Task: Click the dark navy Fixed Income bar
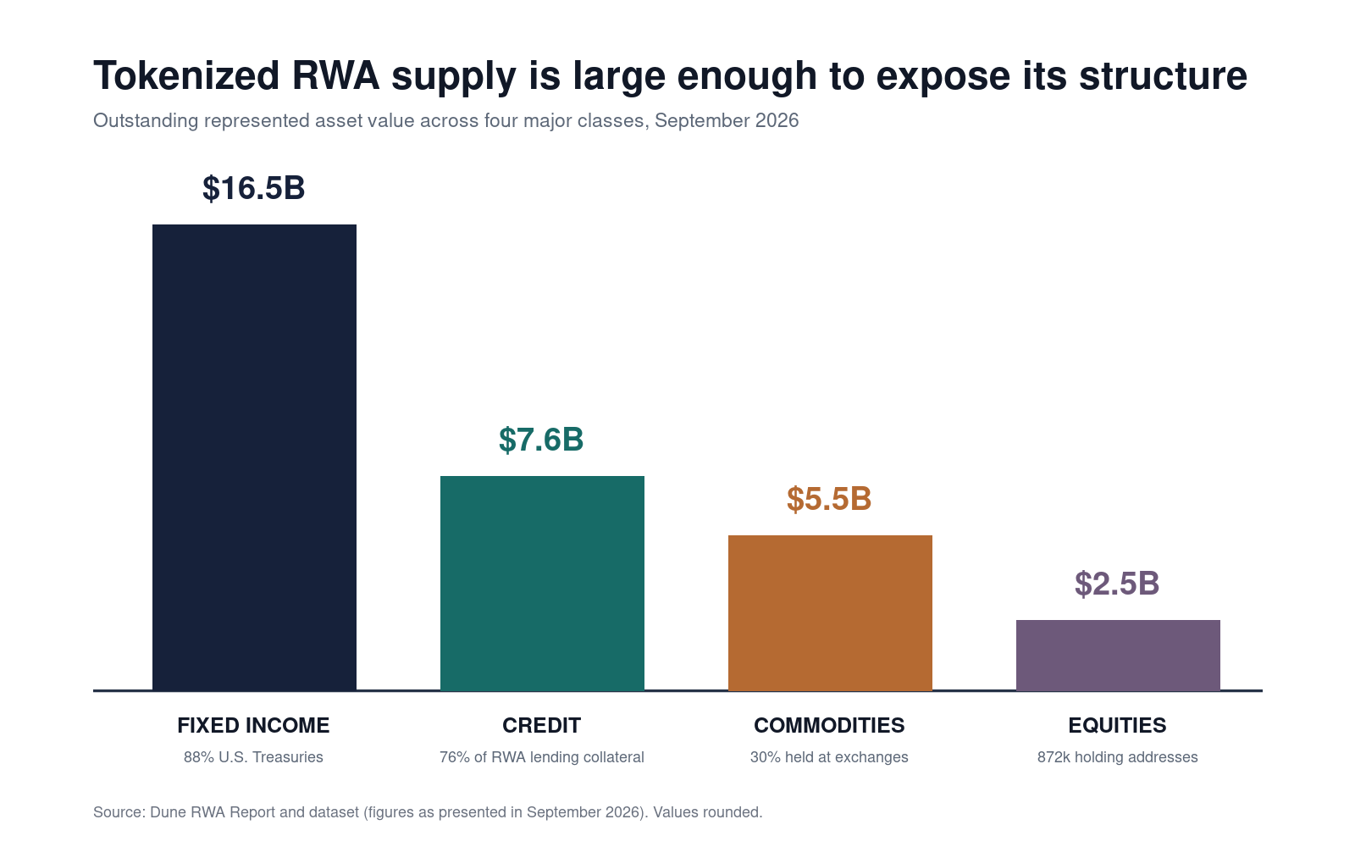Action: tap(254, 457)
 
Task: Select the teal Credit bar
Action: tap(542, 584)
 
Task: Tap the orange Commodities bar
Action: tap(830, 613)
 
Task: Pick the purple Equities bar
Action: tap(1118, 656)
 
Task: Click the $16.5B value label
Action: tap(253, 188)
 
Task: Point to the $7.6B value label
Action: tap(541, 440)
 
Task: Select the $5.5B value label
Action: tap(829, 499)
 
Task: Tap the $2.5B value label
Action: tap(1117, 584)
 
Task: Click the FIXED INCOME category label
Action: tap(253, 725)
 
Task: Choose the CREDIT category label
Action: tap(541, 725)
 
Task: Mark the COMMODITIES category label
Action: tap(829, 725)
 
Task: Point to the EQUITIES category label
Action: tap(1117, 725)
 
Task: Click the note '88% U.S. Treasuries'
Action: tap(253, 757)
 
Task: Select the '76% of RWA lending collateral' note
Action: tap(541, 757)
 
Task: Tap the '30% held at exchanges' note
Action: tap(829, 757)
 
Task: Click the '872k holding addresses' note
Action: tap(1117, 757)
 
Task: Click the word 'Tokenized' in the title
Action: tap(186, 76)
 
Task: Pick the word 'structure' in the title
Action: tap(1164, 76)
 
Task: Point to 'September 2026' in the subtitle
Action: tap(727, 121)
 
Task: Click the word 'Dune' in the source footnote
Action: tap(169, 812)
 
